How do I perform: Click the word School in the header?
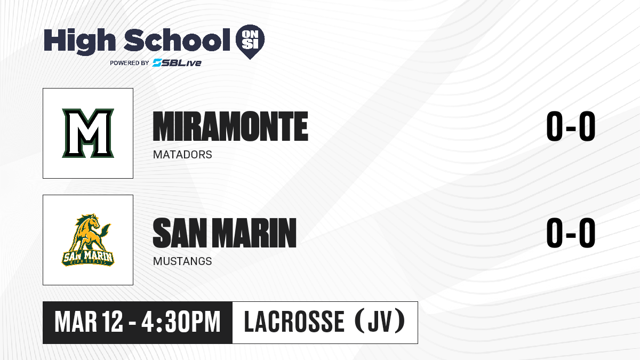pyautogui.click(x=177, y=40)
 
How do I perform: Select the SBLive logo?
pyautogui.click(x=177, y=62)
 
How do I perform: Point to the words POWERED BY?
pyautogui.click(x=129, y=63)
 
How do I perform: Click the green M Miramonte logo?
pyautogui.click(x=88, y=133)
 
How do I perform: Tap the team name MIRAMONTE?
pyautogui.click(x=230, y=126)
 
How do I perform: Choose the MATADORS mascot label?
pyautogui.click(x=182, y=155)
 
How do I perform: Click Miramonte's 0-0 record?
pyautogui.click(x=571, y=126)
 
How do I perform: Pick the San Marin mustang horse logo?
pyautogui.click(x=88, y=240)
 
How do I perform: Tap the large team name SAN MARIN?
pyautogui.click(x=225, y=233)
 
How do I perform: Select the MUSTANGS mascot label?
pyautogui.click(x=182, y=261)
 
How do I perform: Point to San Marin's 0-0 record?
pyautogui.click(x=571, y=233)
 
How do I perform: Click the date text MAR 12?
pyautogui.click(x=89, y=322)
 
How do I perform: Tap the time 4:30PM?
pyautogui.click(x=181, y=322)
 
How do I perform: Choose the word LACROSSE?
pyautogui.click(x=294, y=322)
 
